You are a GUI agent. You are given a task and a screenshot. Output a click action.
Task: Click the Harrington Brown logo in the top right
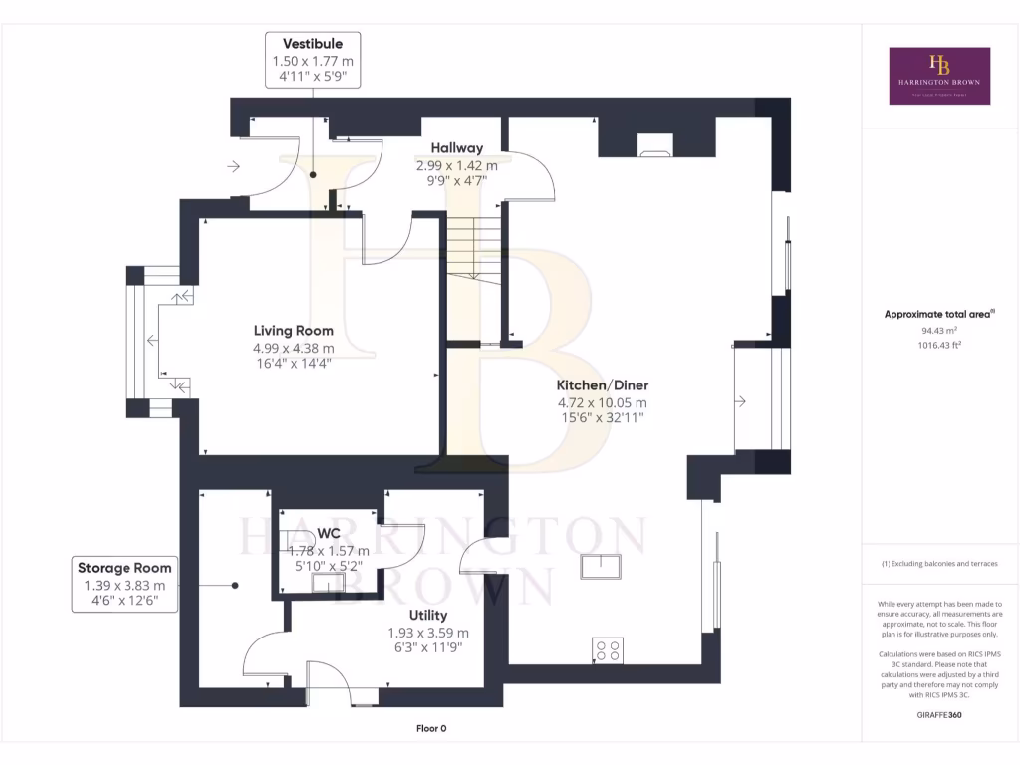pyautogui.click(x=939, y=76)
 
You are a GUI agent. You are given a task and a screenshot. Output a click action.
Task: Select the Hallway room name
pyautogui.click(x=456, y=148)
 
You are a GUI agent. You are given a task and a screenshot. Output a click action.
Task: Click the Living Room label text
pyautogui.click(x=293, y=331)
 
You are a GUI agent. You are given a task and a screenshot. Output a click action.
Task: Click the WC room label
pyautogui.click(x=328, y=534)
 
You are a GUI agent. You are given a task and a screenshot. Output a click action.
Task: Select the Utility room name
pyautogui.click(x=427, y=616)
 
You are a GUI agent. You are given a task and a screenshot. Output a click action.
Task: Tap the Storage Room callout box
pyautogui.click(x=126, y=585)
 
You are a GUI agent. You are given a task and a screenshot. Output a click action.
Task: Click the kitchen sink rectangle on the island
pyautogui.click(x=602, y=565)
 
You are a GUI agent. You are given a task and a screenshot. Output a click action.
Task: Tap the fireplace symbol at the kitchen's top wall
pyautogui.click(x=654, y=153)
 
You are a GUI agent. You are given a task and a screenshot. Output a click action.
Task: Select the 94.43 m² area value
pyautogui.click(x=939, y=330)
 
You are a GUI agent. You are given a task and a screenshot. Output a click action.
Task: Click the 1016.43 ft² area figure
pyautogui.click(x=939, y=345)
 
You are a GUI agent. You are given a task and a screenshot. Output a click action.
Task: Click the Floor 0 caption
pyautogui.click(x=431, y=729)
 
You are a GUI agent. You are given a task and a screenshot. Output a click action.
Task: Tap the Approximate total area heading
pyautogui.click(x=939, y=314)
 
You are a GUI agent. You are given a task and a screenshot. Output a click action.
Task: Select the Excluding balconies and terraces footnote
pyautogui.click(x=939, y=564)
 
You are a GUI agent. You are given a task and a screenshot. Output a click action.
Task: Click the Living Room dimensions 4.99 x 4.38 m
pyautogui.click(x=293, y=348)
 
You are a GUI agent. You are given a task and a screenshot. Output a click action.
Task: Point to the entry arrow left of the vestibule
pyautogui.click(x=233, y=166)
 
